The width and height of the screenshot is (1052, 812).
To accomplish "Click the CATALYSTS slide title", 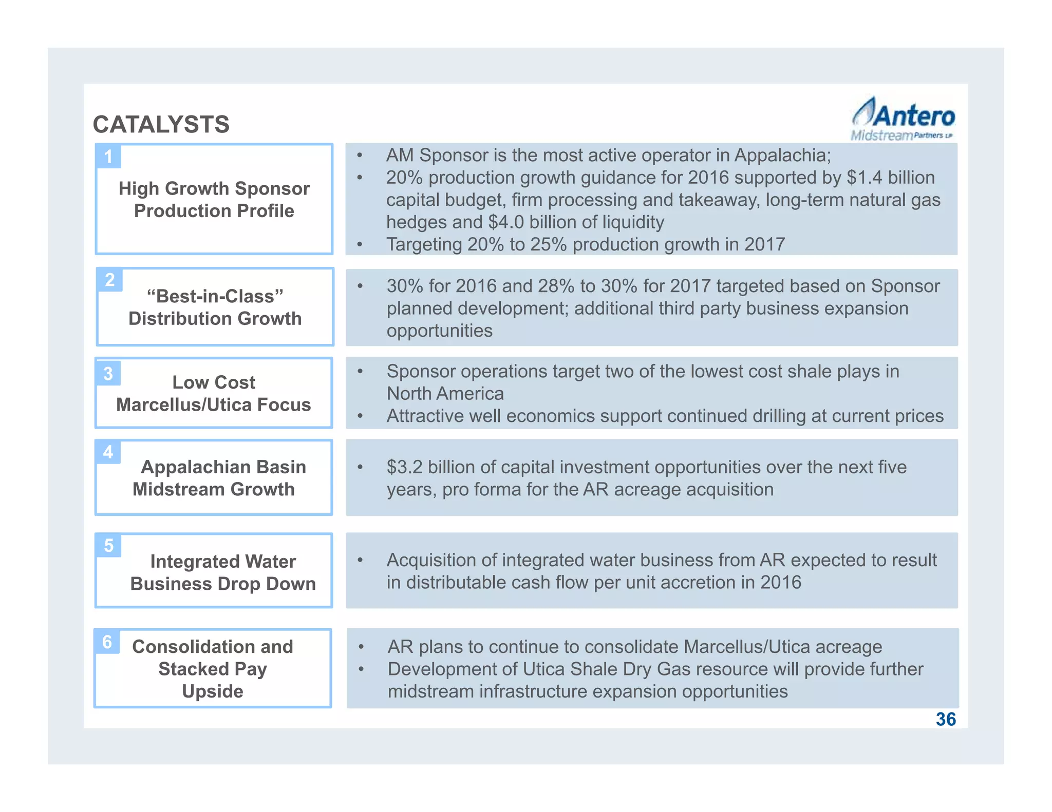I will tap(161, 125).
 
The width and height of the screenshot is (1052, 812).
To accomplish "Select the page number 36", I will tap(946, 719).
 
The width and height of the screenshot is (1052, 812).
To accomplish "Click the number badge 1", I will tap(108, 156).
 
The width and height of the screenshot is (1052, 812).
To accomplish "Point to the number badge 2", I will tap(110, 280).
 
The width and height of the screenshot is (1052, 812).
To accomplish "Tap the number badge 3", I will tap(108, 373).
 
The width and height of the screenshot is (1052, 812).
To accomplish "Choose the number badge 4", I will tap(108, 452).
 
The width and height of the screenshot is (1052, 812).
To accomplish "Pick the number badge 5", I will tap(108, 545).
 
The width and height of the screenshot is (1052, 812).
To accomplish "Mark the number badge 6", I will tap(107, 642).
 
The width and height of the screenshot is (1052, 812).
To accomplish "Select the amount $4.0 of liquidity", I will tap(506, 222).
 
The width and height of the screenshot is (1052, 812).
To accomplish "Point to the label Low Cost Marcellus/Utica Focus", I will tap(214, 393).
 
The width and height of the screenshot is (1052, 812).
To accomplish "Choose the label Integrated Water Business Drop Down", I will tap(223, 572).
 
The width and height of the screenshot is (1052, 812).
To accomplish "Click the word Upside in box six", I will tap(213, 691).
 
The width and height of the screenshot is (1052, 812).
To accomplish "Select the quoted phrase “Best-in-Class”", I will tap(215, 296).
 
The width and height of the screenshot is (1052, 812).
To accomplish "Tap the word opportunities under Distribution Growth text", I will tap(439, 331).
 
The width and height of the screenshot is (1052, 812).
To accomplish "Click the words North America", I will tap(445, 394).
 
